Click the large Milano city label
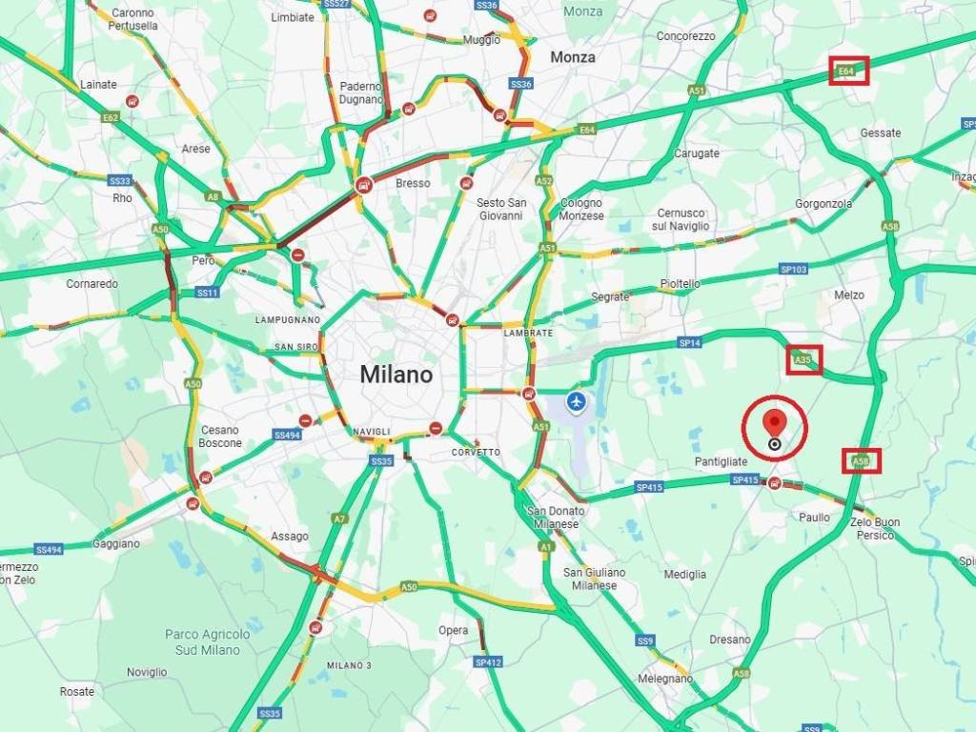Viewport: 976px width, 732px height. tap(396, 375)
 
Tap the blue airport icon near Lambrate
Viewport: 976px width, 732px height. tap(576, 402)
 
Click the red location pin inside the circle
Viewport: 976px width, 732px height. tap(775, 424)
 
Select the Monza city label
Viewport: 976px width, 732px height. tap(573, 57)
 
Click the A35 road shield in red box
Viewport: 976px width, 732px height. tap(803, 359)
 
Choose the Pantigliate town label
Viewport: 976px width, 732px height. tap(721, 461)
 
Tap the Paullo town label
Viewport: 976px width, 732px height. tap(815, 517)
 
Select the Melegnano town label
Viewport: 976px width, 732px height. tap(664, 679)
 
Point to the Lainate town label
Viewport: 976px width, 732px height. tap(98, 84)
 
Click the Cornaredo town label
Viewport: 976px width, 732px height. tap(92, 284)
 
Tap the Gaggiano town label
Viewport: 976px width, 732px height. tap(116, 543)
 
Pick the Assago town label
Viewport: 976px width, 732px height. tap(290, 537)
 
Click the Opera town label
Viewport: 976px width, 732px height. tap(454, 630)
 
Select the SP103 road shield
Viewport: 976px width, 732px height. tap(793, 270)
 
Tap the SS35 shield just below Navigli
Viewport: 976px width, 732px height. tap(381, 461)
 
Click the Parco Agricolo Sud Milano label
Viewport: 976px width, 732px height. tap(208, 641)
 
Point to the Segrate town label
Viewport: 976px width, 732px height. tap(610, 296)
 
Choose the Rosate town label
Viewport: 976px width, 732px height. tap(77, 691)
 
